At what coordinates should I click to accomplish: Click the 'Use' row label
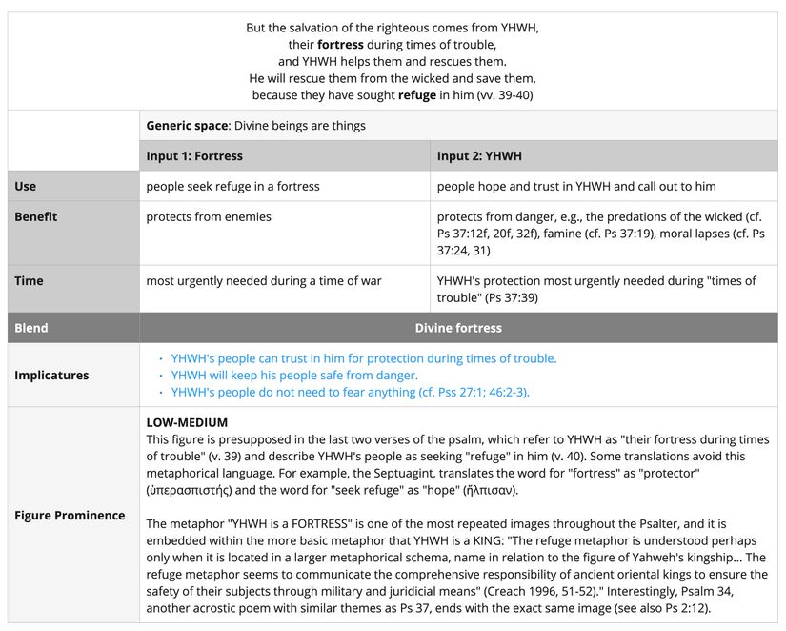point(26,186)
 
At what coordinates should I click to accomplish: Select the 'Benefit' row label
point(35,216)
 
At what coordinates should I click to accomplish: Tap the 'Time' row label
point(29,280)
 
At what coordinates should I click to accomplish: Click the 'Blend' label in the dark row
point(30,328)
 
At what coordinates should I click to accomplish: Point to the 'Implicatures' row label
point(51,375)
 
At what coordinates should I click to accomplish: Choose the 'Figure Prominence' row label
point(70,515)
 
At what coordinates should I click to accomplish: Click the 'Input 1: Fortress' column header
point(194,155)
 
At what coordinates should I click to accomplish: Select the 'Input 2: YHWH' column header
point(479,155)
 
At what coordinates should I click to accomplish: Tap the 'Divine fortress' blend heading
point(458,328)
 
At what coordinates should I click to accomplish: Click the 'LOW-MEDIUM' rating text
point(187,422)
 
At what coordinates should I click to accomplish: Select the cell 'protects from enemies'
point(209,216)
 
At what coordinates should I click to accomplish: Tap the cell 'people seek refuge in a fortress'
point(232,186)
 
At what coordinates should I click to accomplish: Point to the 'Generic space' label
point(187,126)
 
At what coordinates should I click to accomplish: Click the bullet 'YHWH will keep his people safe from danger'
point(294,375)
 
